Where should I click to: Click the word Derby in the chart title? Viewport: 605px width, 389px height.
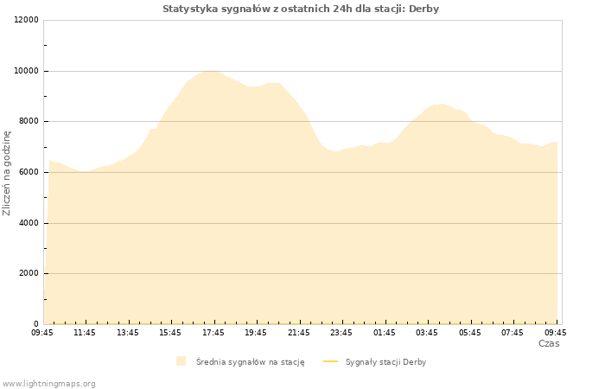pos(423,9)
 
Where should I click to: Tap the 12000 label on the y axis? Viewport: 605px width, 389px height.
pos(26,20)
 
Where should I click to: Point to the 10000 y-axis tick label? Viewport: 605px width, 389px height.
pos(26,71)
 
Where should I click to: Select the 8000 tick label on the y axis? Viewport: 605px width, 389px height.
pos(29,121)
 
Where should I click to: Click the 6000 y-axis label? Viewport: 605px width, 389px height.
pos(29,172)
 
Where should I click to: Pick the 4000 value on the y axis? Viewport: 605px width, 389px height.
pos(29,223)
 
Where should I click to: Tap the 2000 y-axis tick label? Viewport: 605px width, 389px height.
pos(29,273)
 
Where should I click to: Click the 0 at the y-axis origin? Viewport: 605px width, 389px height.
pos(36,324)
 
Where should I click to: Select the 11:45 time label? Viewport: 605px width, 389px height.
pos(85,333)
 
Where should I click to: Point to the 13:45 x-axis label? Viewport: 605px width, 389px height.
pos(128,333)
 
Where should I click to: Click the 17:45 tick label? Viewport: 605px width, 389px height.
pos(213,333)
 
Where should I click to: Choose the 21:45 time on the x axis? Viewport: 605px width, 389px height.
pos(299,333)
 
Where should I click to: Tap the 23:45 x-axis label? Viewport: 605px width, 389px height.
pos(341,333)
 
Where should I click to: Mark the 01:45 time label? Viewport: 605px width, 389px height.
pos(385,333)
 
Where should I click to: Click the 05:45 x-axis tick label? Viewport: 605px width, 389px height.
pos(470,333)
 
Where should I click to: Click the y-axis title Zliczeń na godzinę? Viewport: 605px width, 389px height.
pos(7,173)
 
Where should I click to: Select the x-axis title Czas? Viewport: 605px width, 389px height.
pos(549,343)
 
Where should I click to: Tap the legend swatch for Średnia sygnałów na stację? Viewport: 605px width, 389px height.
pos(181,361)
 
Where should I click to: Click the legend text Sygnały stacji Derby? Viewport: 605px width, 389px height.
pos(385,362)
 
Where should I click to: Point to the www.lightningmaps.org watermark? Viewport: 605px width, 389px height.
pos(48,384)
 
